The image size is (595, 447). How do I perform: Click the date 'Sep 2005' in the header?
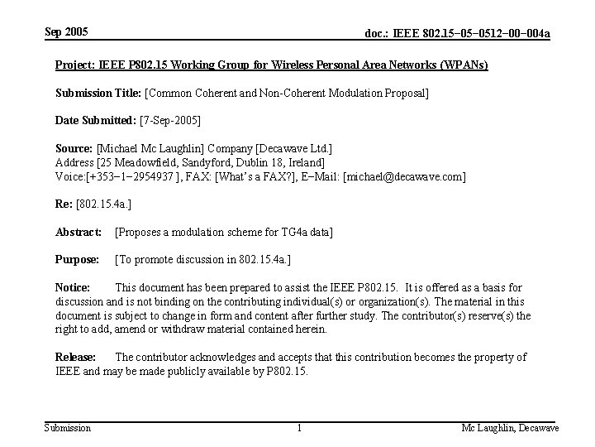(66, 32)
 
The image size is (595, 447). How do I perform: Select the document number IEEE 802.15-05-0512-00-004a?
(458, 33)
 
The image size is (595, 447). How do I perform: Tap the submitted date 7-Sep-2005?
(171, 120)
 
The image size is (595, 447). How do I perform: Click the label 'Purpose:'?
(78, 260)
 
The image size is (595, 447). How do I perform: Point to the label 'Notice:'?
(73, 288)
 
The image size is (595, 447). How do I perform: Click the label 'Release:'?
(75, 357)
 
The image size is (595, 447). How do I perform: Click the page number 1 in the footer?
(298, 427)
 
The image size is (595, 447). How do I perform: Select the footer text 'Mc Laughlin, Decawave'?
(510, 427)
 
